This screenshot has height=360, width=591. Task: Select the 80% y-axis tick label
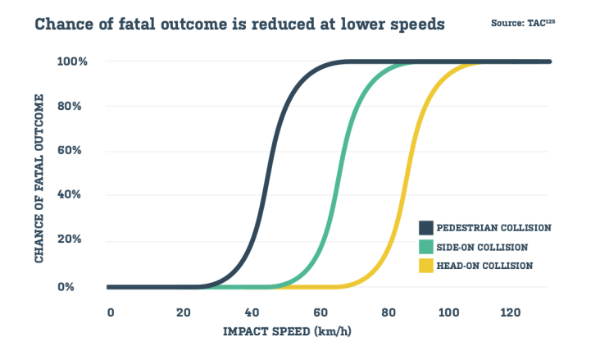(69, 107)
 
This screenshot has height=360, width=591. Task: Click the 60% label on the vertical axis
(69, 152)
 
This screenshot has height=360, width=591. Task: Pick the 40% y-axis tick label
(69, 197)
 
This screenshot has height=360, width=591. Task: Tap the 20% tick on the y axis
(69, 242)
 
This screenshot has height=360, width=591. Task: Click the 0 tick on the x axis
(110, 313)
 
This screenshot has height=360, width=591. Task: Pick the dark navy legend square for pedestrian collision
(426, 227)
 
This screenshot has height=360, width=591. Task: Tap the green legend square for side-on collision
(426, 246)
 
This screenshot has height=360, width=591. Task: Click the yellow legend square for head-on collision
(426, 265)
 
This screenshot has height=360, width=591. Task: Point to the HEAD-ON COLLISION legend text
(486, 265)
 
